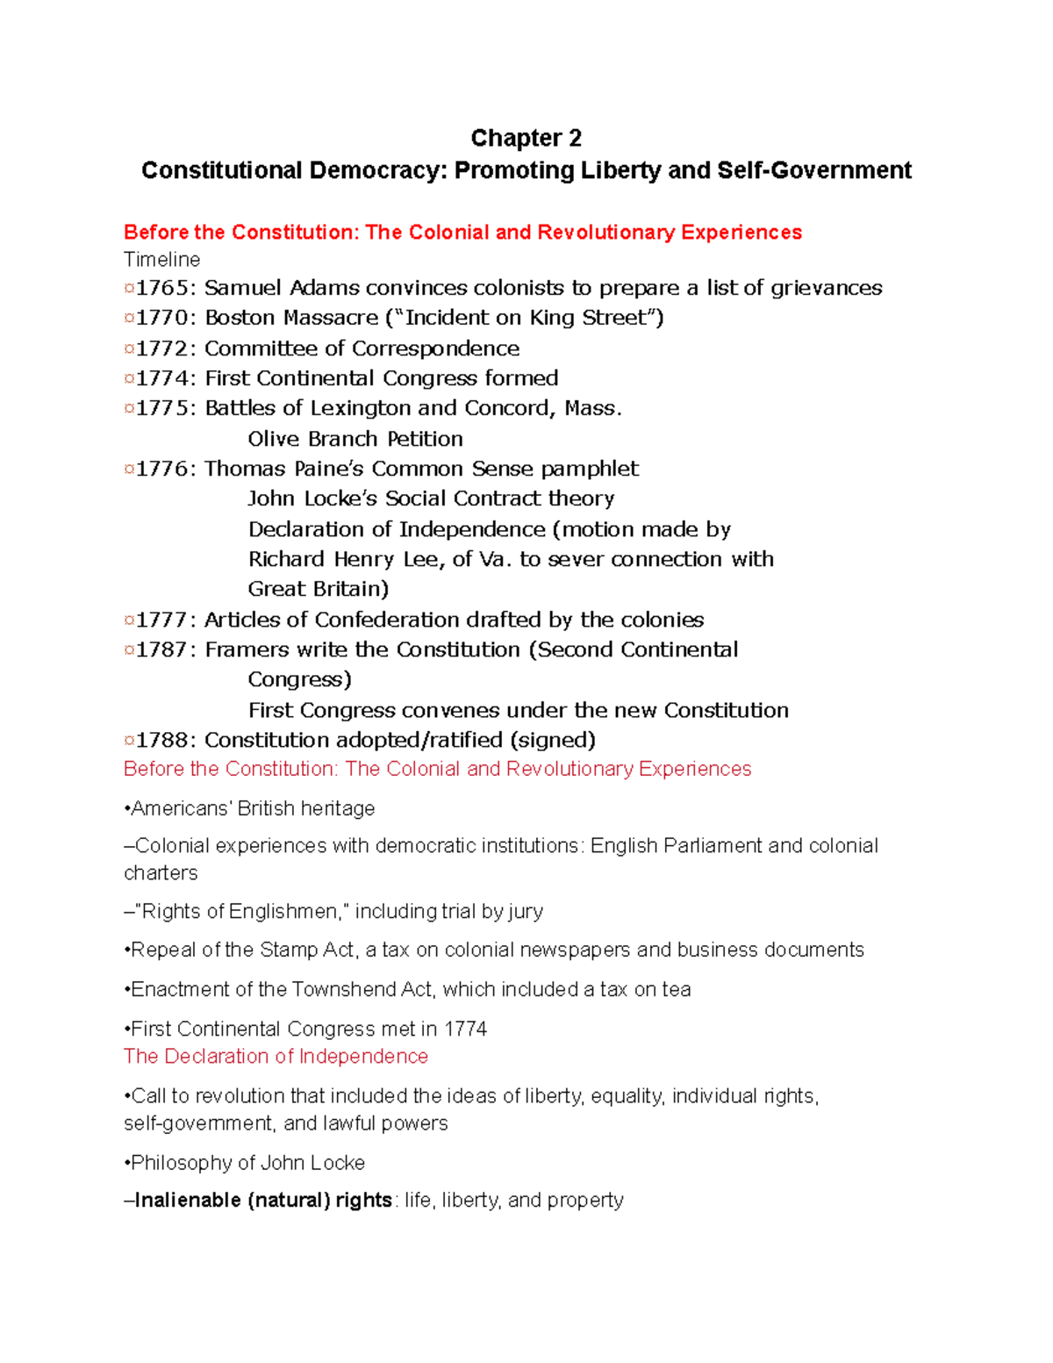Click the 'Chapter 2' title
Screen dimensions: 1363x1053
pyautogui.click(x=526, y=138)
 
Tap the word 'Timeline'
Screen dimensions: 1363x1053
pyautogui.click(x=161, y=260)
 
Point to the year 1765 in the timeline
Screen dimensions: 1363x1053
pyautogui.click(x=166, y=288)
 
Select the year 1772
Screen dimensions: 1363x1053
pyautogui.click(x=166, y=348)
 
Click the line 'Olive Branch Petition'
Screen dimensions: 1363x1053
pyautogui.click(x=355, y=439)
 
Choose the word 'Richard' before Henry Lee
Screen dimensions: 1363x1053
pyautogui.click(x=286, y=559)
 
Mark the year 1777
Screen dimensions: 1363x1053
pyautogui.click(x=166, y=620)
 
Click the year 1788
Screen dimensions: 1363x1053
pyautogui.click(x=166, y=740)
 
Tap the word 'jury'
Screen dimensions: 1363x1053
pyautogui.click(x=525, y=912)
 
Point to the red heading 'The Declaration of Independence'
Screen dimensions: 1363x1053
pyautogui.click(x=276, y=1057)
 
